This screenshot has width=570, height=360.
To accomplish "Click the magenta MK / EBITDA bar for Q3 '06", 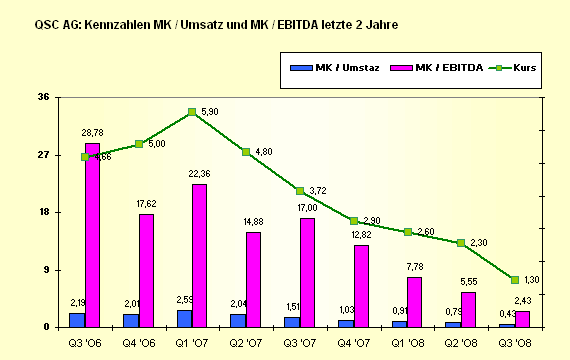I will tap(92, 235).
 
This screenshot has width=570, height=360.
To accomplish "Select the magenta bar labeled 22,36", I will tap(199, 256).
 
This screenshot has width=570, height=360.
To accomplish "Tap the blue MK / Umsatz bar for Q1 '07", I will tap(184, 318).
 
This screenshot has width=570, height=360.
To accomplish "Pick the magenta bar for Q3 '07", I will tap(307, 272).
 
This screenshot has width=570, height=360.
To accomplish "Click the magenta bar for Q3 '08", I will tap(522, 319).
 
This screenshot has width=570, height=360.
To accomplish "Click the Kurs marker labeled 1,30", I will tap(514, 280).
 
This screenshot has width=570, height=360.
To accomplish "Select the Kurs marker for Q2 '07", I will tap(246, 152).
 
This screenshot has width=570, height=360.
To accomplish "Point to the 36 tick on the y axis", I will tap(43, 97).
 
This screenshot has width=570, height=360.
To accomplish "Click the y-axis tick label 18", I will tap(43, 212).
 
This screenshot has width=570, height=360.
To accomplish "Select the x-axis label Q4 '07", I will tap(353, 342).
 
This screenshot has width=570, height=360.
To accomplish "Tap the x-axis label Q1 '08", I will tap(407, 342).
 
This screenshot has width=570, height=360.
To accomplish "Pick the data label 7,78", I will tap(414, 266).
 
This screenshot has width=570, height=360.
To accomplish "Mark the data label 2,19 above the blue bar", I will tap(76, 302).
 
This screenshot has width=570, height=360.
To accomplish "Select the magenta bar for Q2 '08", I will tap(468, 309).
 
